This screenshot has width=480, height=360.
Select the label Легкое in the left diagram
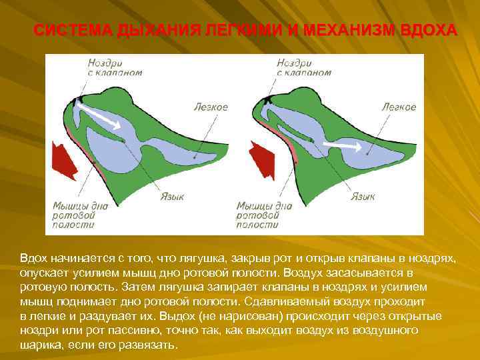point(211,107)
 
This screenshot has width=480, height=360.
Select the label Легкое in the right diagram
point(399,107)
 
